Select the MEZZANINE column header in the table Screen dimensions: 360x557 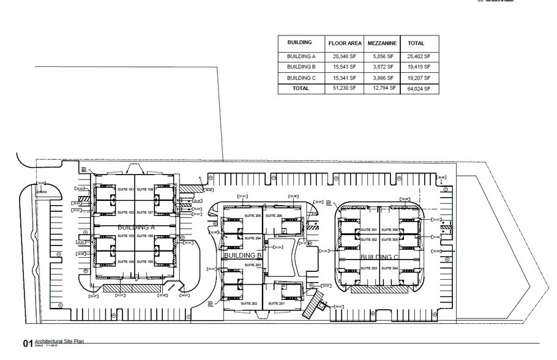click(x=383, y=43)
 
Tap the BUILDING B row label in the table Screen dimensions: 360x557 click(x=301, y=67)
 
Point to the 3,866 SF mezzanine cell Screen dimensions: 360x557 click(x=383, y=78)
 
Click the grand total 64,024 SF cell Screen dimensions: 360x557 click(x=419, y=89)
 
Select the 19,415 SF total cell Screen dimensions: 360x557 click(x=419, y=67)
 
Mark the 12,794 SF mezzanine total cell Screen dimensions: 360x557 click(x=383, y=89)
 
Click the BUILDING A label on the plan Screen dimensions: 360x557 click(x=136, y=227)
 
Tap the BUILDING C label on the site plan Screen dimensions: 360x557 click(x=379, y=257)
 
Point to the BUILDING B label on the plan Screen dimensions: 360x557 click(x=243, y=255)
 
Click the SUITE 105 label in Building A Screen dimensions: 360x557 click(x=145, y=261)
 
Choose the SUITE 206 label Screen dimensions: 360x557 click(x=274, y=216)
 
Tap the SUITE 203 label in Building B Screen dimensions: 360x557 click(x=253, y=264)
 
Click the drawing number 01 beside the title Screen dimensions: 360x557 click(x=26, y=343)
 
